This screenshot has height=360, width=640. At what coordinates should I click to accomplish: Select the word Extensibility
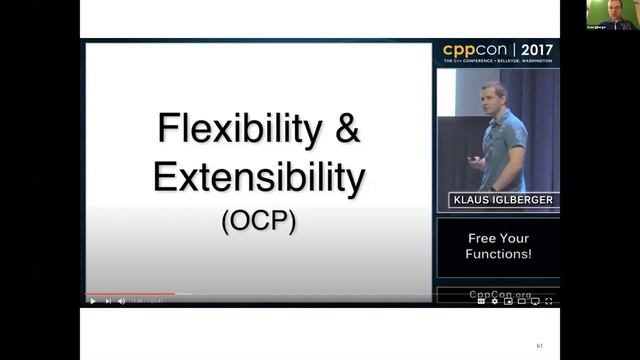pos(258,177)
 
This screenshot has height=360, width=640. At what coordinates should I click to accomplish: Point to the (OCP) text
pos(258,219)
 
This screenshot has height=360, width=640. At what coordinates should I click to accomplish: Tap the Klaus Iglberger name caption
pos(498,201)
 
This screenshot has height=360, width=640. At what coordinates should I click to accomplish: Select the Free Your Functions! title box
pos(498,246)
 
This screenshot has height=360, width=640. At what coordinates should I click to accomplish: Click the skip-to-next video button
pos(108,301)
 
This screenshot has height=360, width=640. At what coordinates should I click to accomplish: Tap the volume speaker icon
pos(122,301)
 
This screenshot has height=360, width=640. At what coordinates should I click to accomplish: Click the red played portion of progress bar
pos(130,294)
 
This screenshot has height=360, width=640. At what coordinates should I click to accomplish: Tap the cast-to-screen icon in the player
pos(534,301)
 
